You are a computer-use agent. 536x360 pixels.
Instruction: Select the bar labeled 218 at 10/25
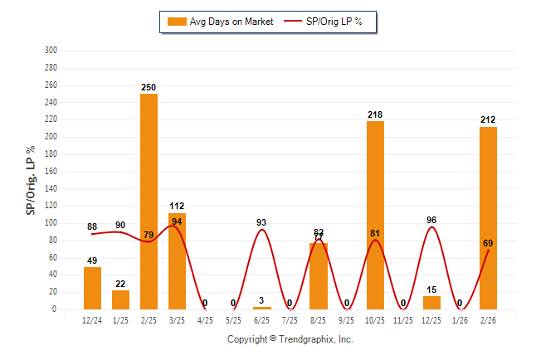pos(375,216)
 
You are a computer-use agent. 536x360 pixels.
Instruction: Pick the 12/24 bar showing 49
pos(92,288)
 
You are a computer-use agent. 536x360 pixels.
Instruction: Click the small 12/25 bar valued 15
pos(431,303)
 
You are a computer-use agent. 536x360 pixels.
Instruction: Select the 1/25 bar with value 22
pos(120,299)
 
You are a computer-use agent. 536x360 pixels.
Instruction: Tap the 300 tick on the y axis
pos(51,51)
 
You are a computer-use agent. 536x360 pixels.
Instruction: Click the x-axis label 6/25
pos(262,320)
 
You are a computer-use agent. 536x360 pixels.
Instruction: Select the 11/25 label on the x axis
pos(403,320)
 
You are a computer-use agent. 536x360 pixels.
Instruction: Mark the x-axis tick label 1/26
pos(460,320)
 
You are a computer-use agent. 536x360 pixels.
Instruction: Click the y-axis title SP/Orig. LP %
pos(31,180)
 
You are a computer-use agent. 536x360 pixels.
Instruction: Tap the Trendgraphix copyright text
pos(290,339)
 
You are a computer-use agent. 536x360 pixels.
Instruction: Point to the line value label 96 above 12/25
pos(431,220)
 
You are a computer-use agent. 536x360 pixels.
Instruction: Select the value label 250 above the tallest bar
pos(149,87)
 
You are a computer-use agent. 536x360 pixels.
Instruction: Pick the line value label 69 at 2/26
pos(489,243)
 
